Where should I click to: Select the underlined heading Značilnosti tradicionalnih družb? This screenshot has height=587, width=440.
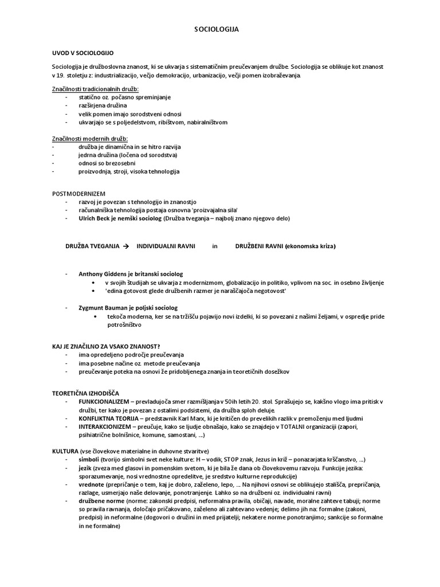95,89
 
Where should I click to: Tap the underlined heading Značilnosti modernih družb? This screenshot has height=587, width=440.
90,139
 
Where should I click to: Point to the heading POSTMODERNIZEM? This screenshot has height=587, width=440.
79,193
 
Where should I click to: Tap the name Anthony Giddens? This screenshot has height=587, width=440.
100,274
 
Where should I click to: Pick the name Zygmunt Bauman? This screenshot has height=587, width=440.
101,308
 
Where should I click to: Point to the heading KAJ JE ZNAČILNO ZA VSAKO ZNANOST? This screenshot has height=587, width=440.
106,346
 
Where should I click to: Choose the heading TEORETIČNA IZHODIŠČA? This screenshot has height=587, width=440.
86,392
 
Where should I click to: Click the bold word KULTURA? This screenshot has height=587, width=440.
64,451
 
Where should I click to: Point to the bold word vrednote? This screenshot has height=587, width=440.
91,484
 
